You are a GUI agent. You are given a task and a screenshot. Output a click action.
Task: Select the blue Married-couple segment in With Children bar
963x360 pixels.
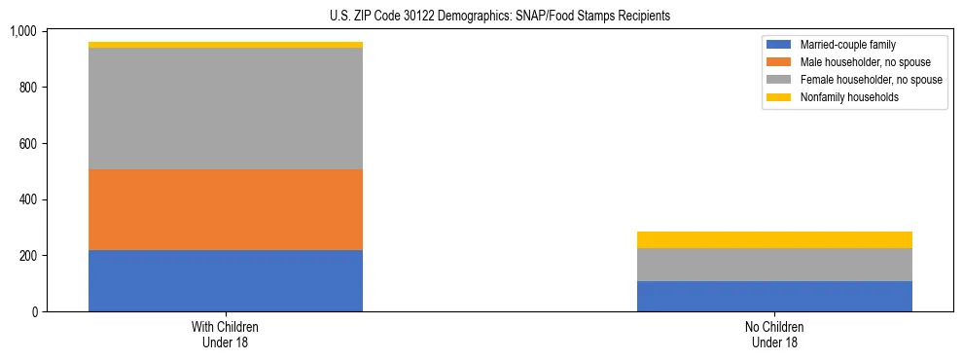(226, 280)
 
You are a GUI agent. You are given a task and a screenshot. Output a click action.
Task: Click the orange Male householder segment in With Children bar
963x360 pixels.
(226, 209)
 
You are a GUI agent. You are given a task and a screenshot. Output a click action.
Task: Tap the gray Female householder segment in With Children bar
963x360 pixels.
(226, 108)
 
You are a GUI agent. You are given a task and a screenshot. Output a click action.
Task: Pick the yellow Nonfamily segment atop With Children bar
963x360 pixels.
(226, 45)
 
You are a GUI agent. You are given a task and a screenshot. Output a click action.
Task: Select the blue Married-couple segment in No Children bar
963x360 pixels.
(774, 296)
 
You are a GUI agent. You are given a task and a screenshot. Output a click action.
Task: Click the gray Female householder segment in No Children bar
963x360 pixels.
(774, 265)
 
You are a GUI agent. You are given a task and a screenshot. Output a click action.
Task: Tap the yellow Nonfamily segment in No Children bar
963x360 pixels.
(774, 239)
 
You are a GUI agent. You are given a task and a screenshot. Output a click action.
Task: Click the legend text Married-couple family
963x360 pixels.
(848, 45)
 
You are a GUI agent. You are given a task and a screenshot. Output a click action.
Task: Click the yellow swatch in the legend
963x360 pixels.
(779, 97)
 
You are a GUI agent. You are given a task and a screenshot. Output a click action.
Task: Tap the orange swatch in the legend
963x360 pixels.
(779, 62)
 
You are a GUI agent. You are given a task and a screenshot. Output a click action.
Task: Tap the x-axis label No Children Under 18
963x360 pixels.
(774, 335)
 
